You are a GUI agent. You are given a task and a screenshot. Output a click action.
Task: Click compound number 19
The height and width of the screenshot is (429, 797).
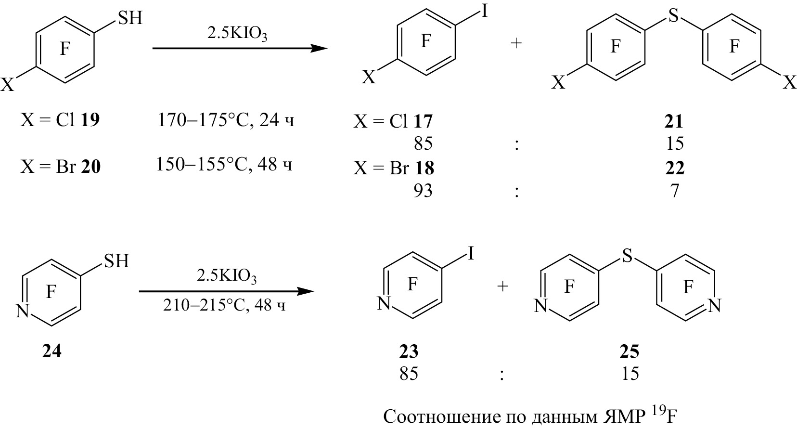click(x=90, y=120)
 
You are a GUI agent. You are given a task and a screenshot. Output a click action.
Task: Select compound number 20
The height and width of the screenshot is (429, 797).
click(x=91, y=166)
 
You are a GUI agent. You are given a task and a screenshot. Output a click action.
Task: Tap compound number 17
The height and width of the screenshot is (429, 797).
click(x=423, y=122)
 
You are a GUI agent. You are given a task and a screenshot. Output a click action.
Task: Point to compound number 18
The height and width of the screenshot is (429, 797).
click(x=424, y=168)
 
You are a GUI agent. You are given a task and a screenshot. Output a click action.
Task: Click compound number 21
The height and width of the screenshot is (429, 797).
click(x=674, y=122)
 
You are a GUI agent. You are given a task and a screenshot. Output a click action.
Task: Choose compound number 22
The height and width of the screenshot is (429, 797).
click(x=675, y=168)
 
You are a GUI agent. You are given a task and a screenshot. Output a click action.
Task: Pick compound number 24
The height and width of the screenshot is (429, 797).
click(x=52, y=351)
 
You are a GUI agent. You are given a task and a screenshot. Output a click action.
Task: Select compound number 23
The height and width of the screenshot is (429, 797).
click(x=409, y=351)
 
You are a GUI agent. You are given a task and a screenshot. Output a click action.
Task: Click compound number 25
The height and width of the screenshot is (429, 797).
click(x=630, y=351)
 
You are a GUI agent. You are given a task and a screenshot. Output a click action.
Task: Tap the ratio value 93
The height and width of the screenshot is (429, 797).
click(x=423, y=191)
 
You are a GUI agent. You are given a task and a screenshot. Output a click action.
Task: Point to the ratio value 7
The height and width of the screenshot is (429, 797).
click(x=675, y=191)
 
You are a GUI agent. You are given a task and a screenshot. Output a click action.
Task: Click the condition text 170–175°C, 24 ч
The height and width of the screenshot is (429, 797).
click(x=226, y=121)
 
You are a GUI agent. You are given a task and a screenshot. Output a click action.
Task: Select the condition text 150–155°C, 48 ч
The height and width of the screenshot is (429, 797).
click(x=224, y=165)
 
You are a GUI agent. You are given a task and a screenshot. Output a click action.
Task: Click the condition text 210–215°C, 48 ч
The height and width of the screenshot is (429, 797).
click(x=224, y=305)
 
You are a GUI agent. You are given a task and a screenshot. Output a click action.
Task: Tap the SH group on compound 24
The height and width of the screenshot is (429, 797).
click(x=116, y=261)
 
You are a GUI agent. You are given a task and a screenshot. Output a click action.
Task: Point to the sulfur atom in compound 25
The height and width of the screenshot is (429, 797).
click(x=628, y=255)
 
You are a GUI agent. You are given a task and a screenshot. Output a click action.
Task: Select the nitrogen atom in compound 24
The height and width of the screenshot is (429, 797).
click(x=23, y=311)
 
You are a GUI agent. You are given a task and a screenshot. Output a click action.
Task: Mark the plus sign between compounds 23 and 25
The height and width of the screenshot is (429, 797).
click(x=502, y=286)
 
